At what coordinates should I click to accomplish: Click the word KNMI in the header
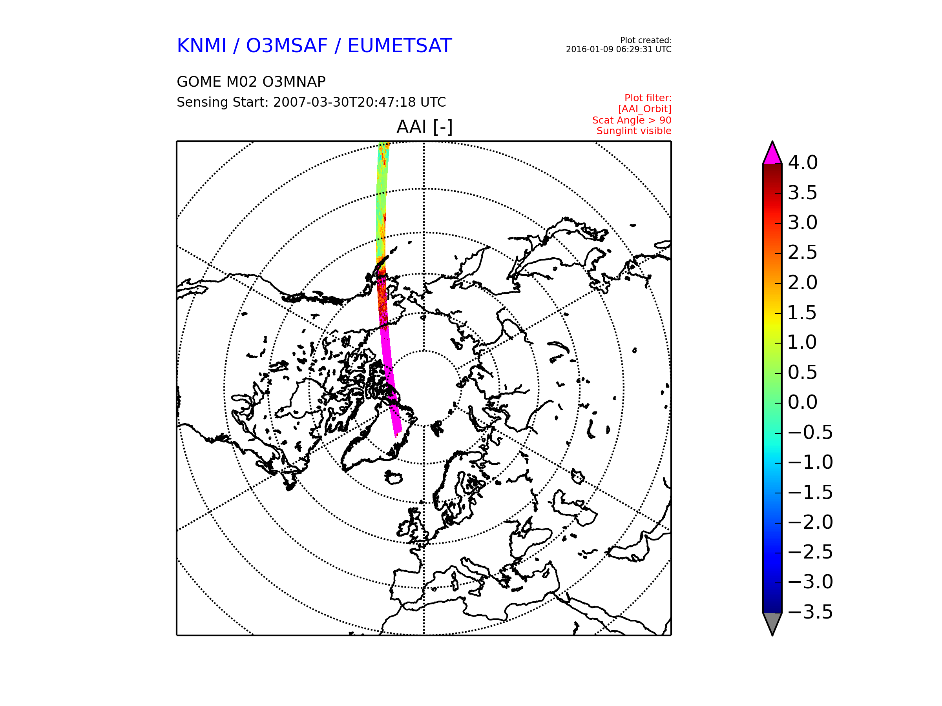click(x=201, y=45)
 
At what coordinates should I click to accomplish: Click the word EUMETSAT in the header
click(x=400, y=45)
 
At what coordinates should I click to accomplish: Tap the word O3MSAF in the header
click(x=287, y=45)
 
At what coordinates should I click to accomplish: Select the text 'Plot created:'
click(x=646, y=40)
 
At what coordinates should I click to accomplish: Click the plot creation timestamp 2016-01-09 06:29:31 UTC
click(x=618, y=49)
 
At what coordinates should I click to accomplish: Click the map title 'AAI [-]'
click(x=424, y=127)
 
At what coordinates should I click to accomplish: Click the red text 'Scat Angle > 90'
click(x=632, y=120)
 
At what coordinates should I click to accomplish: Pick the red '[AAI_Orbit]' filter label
click(x=645, y=109)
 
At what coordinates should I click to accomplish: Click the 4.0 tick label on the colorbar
click(x=802, y=162)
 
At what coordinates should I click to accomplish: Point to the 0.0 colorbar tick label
click(x=802, y=402)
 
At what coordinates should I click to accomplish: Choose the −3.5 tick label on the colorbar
click(x=810, y=612)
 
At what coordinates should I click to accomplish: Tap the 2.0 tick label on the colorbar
click(x=802, y=282)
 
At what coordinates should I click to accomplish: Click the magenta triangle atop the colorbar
click(x=772, y=154)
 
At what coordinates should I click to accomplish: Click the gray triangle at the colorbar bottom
click(x=772, y=624)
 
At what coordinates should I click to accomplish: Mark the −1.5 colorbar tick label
click(x=810, y=492)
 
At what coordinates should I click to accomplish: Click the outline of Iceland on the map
click(x=393, y=477)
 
